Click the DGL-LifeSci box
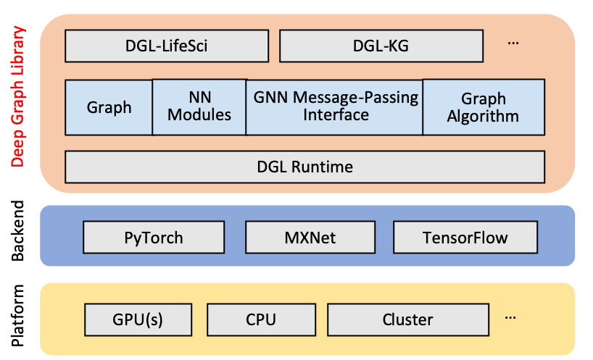coord(167,46)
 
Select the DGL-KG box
coord(381,46)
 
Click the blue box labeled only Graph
coord(109,108)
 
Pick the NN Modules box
coord(199,107)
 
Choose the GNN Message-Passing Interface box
coord(335,106)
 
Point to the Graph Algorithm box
coord(483,107)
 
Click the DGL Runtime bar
coord(304,167)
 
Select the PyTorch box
coord(153,238)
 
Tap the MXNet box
coord(310,238)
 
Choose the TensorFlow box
coord(465,238)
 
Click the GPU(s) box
coord(138,319)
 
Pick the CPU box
coord(261,319)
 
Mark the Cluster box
coord(407,319)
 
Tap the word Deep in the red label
coord(18,148)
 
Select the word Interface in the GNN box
coord(336,115)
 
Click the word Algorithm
coord(483,116)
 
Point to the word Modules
coord(199,115)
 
